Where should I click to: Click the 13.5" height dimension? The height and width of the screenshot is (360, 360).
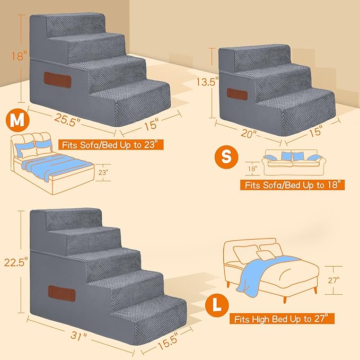(x=207, y=82)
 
